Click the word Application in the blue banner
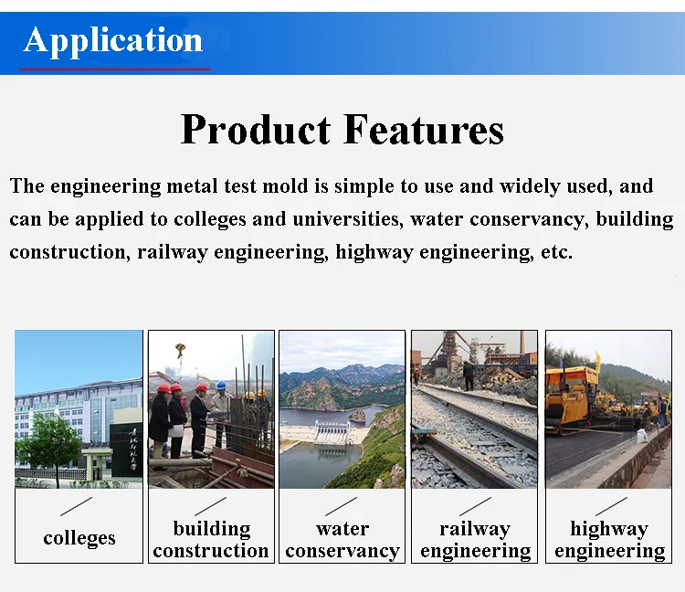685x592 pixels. pos(112,41)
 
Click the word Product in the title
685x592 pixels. pos(256,130)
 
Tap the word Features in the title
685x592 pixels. pos(423,130)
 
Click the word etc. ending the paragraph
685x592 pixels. pos(556,252)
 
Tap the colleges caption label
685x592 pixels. pos(79,538)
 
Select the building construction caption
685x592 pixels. pos(211,540)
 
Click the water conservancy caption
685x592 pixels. pos(342,540)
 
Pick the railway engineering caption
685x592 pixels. pos(475,540)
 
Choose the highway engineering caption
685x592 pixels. pos(609,540)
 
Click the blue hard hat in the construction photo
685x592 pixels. pos(222,386)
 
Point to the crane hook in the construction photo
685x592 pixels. pos(181,350)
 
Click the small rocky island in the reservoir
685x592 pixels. pos(357,416)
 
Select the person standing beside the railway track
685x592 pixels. pos(468,375)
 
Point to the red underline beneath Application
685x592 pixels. pos(115,69)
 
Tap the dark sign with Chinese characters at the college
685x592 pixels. pos(126,449)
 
